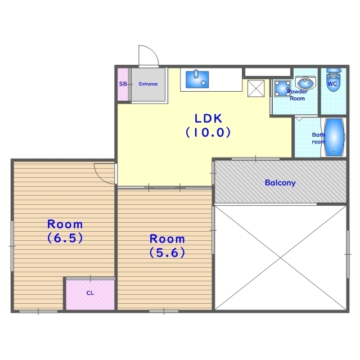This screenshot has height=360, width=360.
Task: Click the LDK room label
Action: [x=208, y=119]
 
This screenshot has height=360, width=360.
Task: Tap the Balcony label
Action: [x=280, y=183]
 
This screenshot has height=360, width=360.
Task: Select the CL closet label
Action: [x=90, y=293]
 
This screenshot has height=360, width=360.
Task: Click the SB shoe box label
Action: [x=123, y=84]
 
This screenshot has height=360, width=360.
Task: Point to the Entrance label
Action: [x=148, y=84]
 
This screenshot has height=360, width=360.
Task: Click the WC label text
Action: [x=332, y=84]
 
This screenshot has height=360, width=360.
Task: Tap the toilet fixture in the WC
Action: [x=332, y=79]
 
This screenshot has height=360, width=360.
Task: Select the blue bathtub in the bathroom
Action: [x=334, y=137]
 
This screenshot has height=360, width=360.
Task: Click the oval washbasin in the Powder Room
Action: [x=305, y=83]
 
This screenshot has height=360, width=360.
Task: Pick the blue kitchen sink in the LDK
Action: [x=197, y=79]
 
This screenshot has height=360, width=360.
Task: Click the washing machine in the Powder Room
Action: [x=282, y=88]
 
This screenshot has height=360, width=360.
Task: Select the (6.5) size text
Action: [x=65, y=238]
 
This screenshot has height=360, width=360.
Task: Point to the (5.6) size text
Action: [x=167, y=253]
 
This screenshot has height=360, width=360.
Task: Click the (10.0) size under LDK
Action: [x=208, y=132]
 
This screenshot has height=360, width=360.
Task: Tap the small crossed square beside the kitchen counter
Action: [x=256, y=88]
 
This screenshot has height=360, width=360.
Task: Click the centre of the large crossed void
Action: [x=280, y=258]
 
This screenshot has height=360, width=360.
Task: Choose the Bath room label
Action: [x=318, y=138]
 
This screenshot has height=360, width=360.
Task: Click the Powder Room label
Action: [x=298, y=95]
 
